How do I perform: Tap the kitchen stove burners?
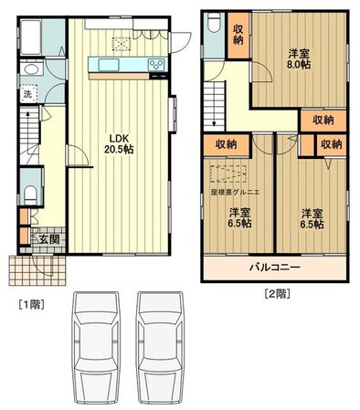[x=155, y=63]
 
